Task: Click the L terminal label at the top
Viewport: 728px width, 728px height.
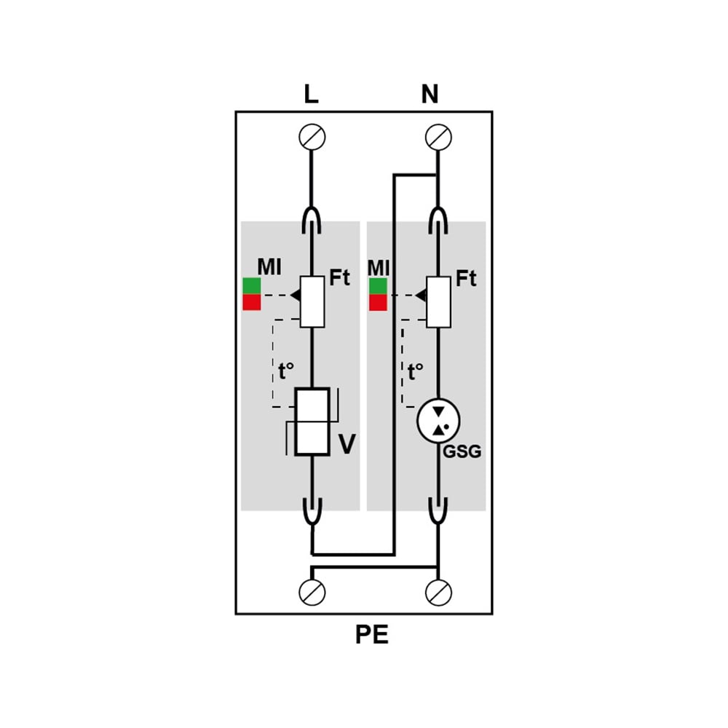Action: coord(311,94)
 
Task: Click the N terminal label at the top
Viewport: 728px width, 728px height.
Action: coord(430,94)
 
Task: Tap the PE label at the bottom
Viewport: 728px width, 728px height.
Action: coord(371,635)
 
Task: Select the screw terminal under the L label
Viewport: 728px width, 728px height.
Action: coord(312,137)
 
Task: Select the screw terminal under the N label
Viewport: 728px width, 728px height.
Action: coord(438,137)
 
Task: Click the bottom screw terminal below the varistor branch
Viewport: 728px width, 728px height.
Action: coord(312,593)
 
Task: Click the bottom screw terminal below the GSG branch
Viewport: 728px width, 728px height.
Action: coord(438,593)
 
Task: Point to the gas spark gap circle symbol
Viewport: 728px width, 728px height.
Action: coord(438,421)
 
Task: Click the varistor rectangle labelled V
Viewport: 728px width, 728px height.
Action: coord(312,422)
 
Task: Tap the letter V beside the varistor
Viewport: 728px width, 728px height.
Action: coord(347,443)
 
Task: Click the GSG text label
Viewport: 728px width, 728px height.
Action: coord(462,452)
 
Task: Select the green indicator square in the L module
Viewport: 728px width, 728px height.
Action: coord(252,286)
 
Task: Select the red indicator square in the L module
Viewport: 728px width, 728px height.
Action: coord(252,302)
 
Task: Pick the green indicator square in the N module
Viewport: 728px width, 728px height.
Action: coord(378,286)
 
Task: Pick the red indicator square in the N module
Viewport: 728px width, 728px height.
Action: coord(378,302)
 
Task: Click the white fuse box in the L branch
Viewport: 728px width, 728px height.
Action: coord(312,302)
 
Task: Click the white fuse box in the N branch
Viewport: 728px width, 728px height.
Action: coord(438,302)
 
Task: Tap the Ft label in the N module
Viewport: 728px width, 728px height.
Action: coord(466,279)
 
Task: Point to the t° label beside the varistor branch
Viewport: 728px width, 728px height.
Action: coord(286,371)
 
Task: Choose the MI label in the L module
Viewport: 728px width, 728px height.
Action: coord(269,267)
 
